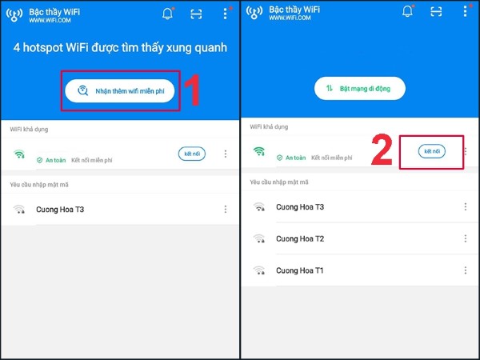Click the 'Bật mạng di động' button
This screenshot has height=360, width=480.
(x=359, y=88)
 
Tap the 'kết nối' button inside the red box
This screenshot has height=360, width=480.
(x=432, y=150)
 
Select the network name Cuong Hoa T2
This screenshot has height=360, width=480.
(x=300, y=238)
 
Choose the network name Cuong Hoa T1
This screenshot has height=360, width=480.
(x=300, y=270)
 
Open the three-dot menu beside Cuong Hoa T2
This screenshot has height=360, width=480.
(x=465, y=238)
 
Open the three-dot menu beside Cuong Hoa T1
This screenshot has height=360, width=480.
(x=465, y=270)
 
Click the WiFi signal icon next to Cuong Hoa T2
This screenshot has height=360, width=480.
(x=258, y=238)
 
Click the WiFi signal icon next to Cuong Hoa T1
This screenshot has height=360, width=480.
(x=258, y=270)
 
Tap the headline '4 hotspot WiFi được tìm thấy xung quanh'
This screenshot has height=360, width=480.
(x=120, y=48)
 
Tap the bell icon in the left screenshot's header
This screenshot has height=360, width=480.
(x=167, y=13)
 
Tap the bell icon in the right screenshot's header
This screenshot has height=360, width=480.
(x=406, y=13)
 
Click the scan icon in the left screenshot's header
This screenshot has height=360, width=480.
(x=196, y=13)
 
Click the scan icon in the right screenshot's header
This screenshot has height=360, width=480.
(x=436, y=13)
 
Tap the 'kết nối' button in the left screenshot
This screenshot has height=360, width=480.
(x=192, y=154)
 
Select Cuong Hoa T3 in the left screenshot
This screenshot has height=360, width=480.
(x=60, y=210)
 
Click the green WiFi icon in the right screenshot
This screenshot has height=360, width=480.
(x=258, y=151)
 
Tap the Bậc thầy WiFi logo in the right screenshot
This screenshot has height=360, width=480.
(x=255, y=13)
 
